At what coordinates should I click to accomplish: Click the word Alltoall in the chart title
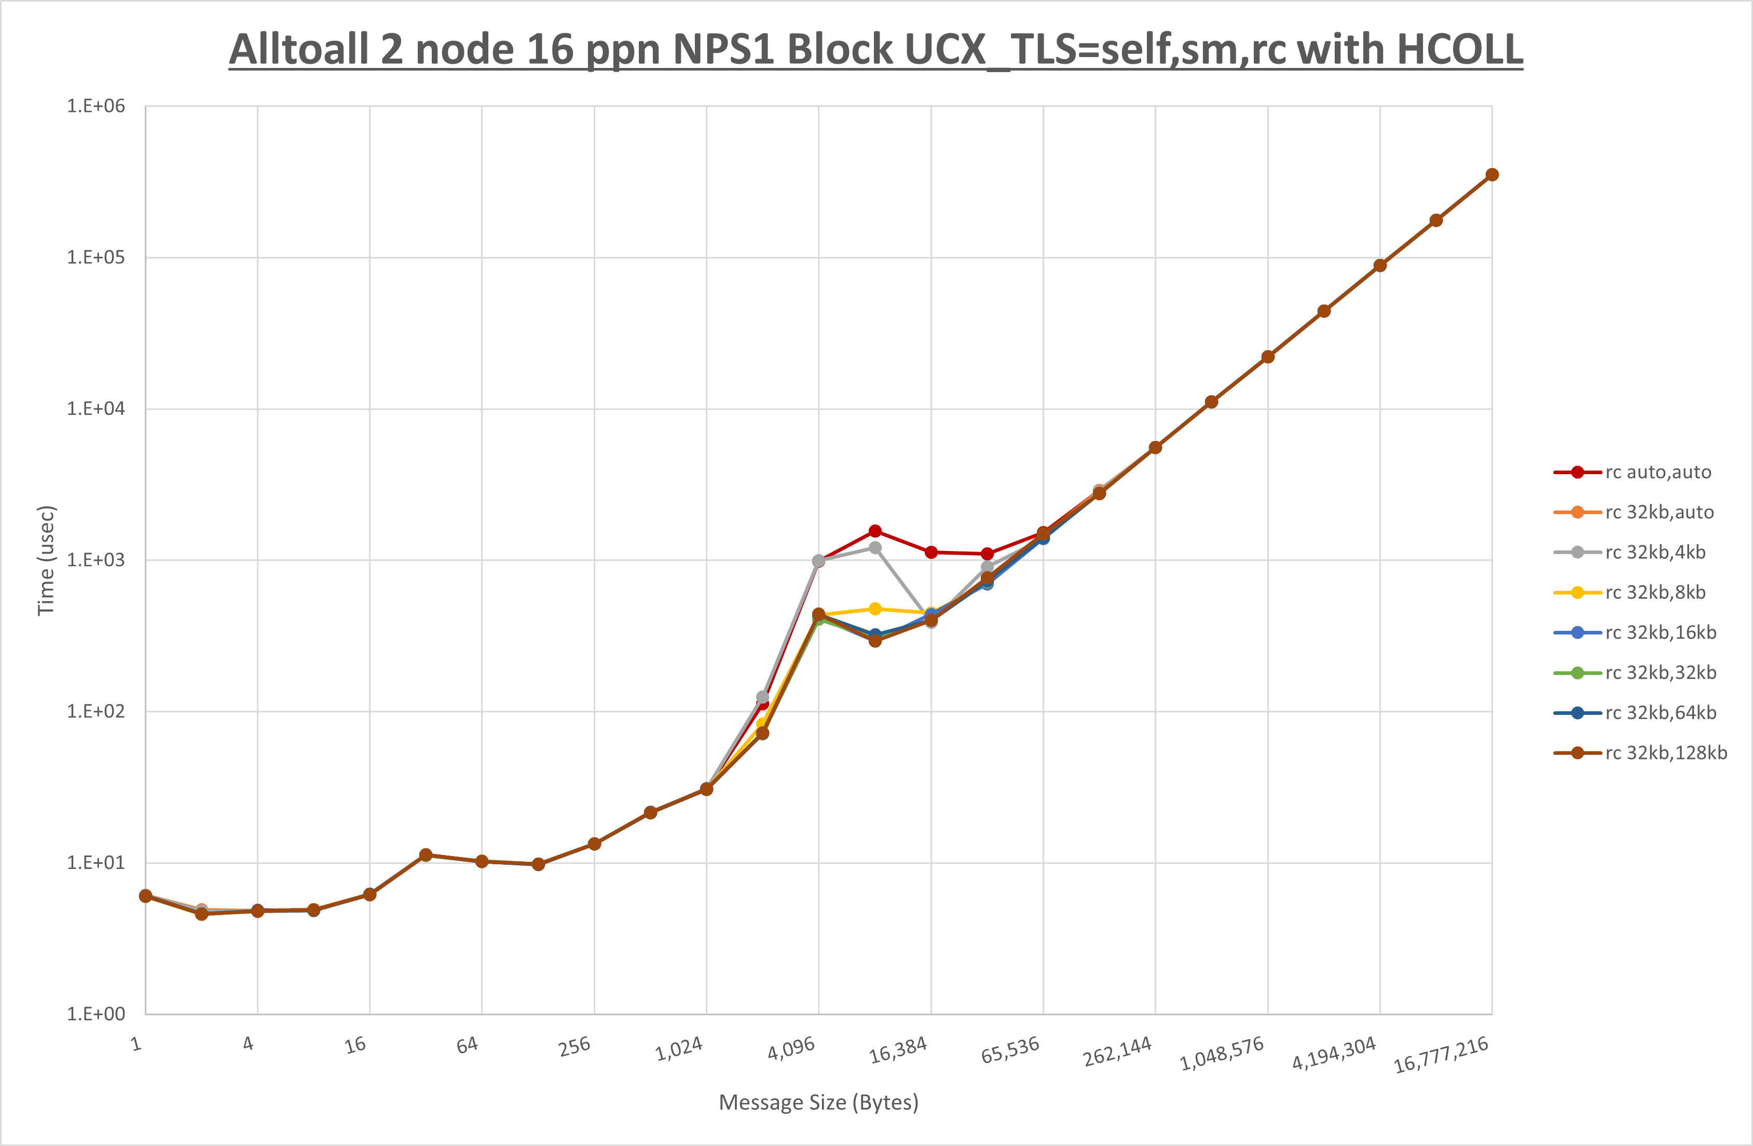pos(299,50)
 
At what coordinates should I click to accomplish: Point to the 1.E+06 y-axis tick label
pos(96,106)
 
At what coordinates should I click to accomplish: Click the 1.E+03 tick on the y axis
pos(96,560)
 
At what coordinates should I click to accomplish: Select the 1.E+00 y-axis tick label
pos(96,1014)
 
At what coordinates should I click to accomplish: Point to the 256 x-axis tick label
pos(574,1046)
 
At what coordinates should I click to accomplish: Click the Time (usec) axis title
pos(46,560)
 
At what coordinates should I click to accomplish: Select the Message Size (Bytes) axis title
pos(818,1102)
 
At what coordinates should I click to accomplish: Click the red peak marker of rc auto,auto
pos(875,531)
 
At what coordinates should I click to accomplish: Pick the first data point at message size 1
pos(145,895)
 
